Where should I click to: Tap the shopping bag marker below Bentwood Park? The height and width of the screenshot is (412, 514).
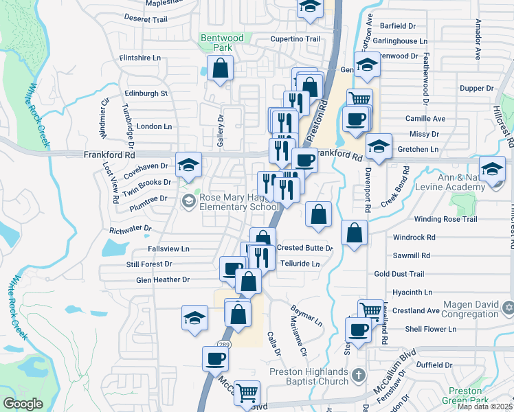coord(220,69)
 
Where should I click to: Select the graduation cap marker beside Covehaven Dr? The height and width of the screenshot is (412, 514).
coord(188,165)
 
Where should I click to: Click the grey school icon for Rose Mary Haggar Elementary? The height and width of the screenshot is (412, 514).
coord(189,201)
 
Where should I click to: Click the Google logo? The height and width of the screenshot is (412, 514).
coord(23,404)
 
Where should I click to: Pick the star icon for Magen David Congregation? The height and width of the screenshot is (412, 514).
coord(508,306)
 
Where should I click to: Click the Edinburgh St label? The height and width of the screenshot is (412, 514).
coord(146,93)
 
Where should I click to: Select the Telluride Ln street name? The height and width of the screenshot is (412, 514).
coord(302,264)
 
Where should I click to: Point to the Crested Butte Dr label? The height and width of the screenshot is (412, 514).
coord(305,248)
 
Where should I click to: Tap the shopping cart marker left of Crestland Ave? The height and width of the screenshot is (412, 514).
coord(370,310)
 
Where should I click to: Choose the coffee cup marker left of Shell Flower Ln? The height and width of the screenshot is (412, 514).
coord(358,329)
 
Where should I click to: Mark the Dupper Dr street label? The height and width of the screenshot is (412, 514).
coord(477,89)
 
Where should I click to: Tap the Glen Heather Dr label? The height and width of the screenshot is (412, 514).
coord(162,280)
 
